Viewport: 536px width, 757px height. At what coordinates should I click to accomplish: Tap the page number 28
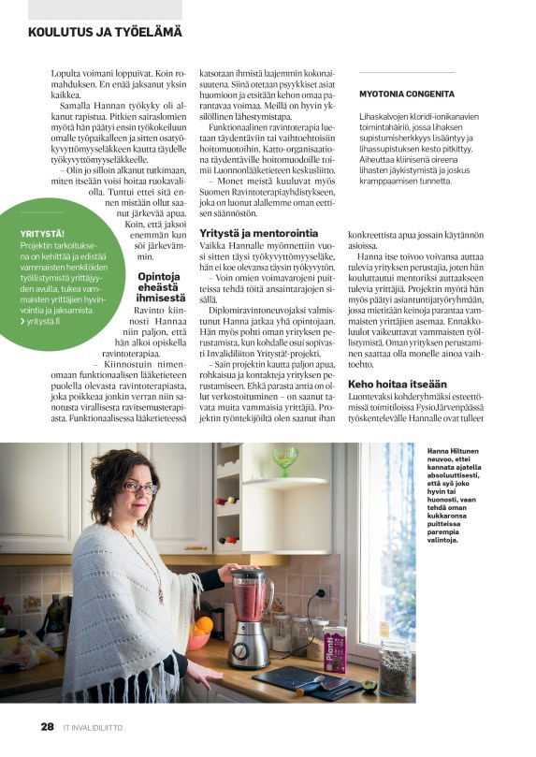[x=47, y=726]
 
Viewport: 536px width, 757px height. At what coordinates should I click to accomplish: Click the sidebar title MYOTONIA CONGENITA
[x=407, y=95]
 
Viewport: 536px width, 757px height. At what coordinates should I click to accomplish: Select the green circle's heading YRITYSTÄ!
[x=44, y=233]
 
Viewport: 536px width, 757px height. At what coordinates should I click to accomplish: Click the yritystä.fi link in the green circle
[x=42, y=321]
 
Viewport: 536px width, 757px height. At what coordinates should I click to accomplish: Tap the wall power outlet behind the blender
[x=324, y=592]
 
